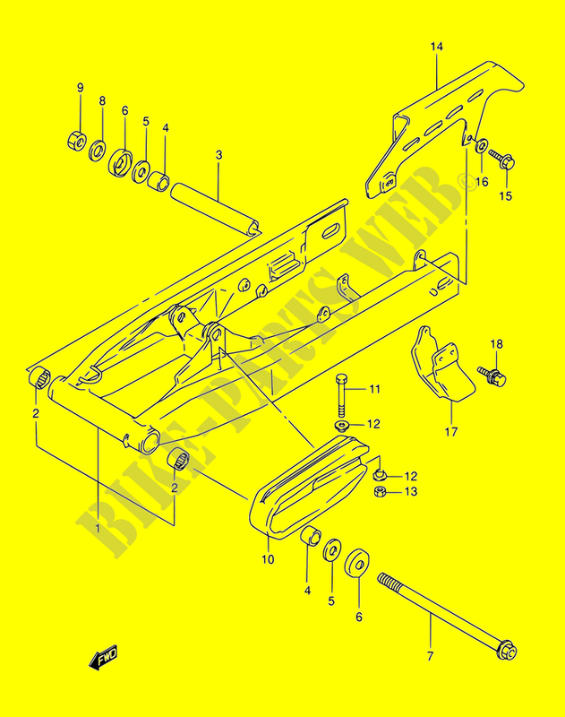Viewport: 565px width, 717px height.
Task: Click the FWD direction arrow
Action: pos(104,660)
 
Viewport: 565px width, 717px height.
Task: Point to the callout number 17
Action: pos(451,431)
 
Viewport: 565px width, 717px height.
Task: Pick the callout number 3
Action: pos(218,154)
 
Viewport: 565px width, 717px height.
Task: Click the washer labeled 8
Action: pos(101,145)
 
